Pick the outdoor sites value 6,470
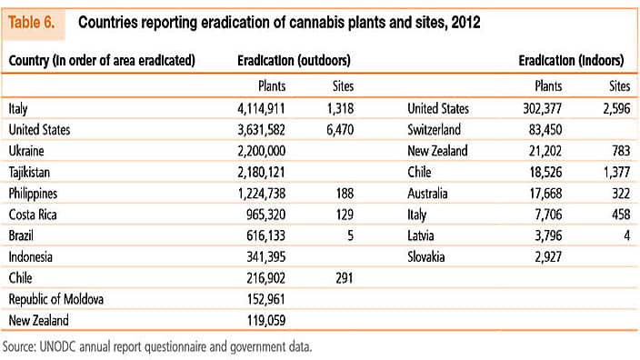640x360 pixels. pos(338,130)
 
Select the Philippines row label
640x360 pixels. pos(34,193)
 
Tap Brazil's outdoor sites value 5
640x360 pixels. pos(349,235)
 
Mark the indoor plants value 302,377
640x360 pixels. pos(548,108)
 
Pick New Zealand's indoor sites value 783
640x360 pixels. pos(618,151)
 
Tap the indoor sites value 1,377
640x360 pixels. pos(613,172)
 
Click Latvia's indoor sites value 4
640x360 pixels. pos(625,235)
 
